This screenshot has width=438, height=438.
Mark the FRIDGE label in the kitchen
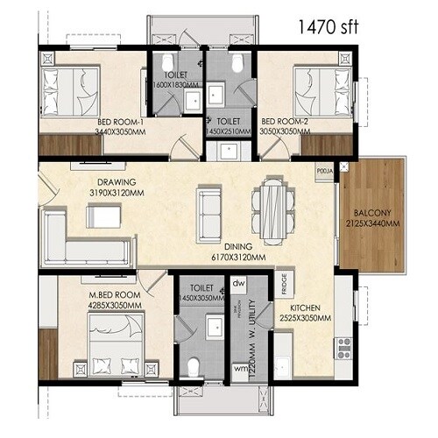285,284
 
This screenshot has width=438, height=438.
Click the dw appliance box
238,285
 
